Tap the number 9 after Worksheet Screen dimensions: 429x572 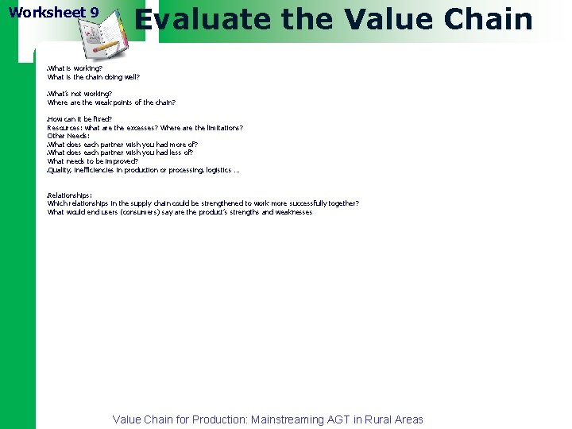coord(95,13)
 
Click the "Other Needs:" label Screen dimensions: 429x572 coord(68,136)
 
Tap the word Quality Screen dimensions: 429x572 coord(59,170)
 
